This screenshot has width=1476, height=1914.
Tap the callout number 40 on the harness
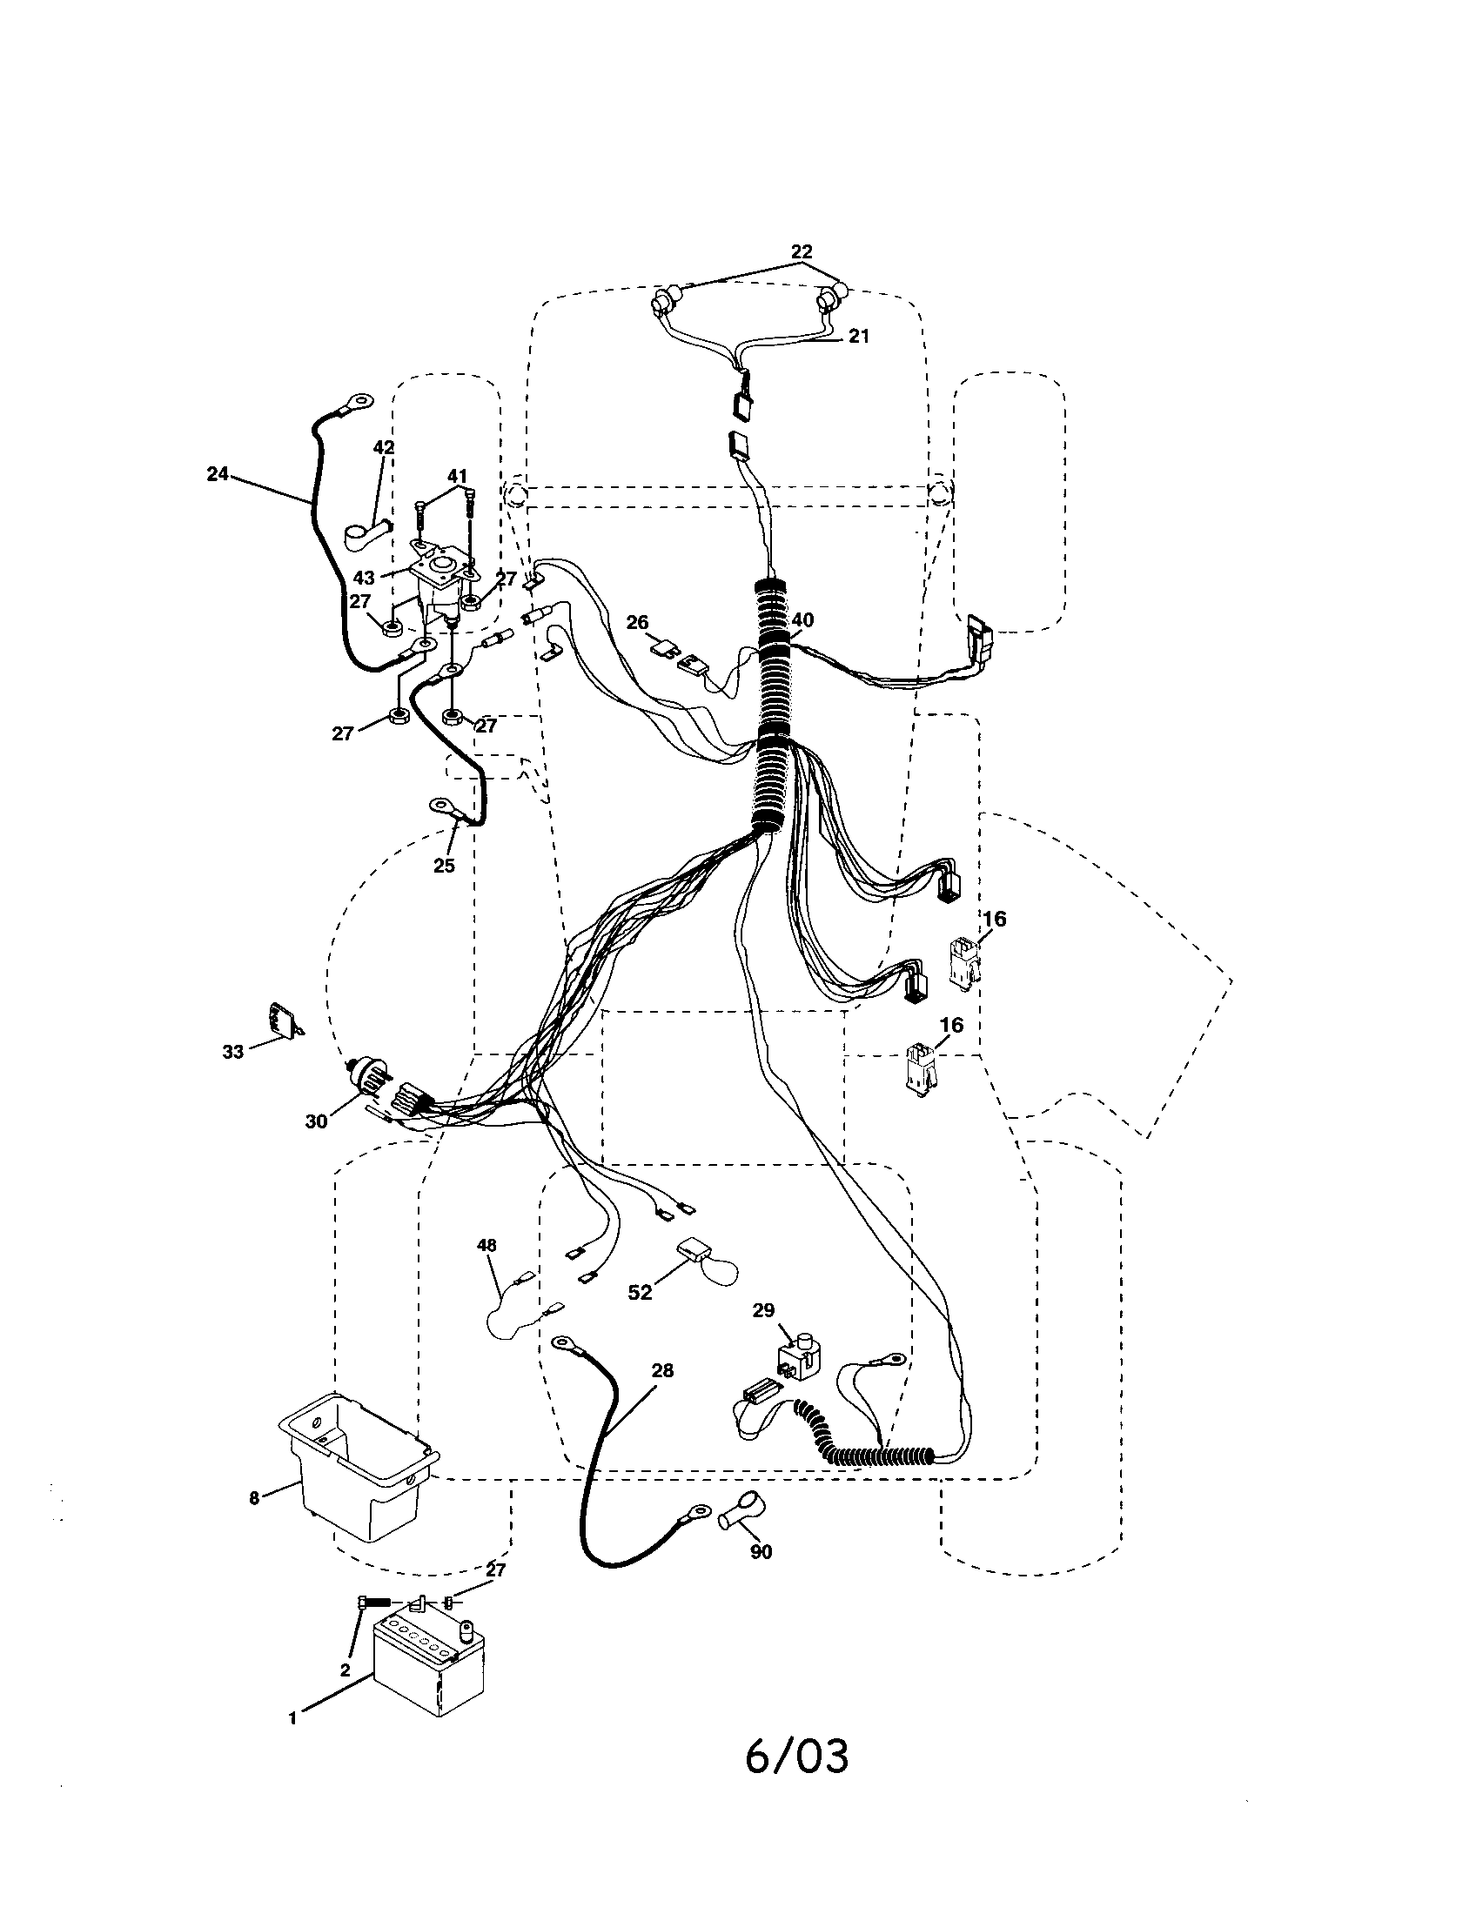click(802, 619)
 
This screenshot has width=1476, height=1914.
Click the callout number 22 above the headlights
click(802, 251)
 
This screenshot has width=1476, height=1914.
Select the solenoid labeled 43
click(439, 579)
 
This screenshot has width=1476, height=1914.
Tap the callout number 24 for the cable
click(217, 473)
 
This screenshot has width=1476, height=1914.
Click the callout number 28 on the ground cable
click(662, 1370)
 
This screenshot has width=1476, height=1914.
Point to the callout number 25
click(444, 865)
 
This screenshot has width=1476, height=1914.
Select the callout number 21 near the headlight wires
click(859, 336)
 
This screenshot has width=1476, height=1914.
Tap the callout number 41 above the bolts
click(457, 476)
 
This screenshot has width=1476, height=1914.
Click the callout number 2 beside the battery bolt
click(345, 1670)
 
